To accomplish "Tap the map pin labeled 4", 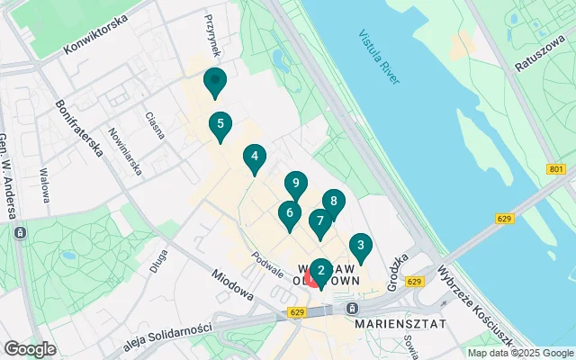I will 255,158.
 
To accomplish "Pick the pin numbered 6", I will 288,214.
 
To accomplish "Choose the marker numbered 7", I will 319,221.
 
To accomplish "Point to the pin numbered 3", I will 361,246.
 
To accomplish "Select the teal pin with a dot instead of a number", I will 214,82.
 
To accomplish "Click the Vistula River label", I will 378,59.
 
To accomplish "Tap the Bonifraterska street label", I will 77,127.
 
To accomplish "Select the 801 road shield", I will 556,168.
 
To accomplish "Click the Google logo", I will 31,348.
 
